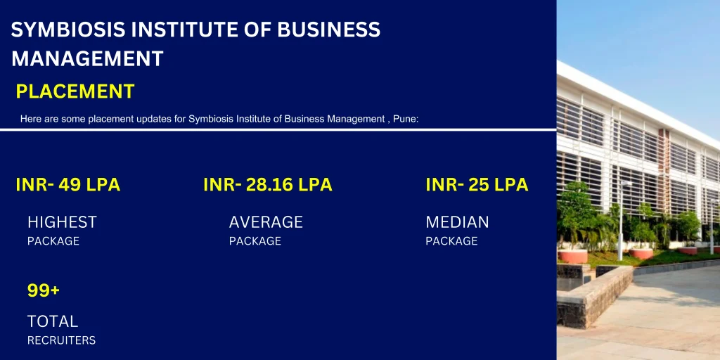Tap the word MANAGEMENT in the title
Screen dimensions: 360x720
[x=87, y=58]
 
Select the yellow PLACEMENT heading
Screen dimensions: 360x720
[x=75, y=91]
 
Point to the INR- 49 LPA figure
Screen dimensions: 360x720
[x=67, y=185]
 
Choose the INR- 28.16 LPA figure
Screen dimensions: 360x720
[x=267, y=185]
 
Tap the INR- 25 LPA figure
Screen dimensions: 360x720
[x=477, y=185]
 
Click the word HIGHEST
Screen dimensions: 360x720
[x=62, y=222]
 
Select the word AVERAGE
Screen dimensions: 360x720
[x=266, y=222]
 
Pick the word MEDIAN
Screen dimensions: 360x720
[x=457, y=222]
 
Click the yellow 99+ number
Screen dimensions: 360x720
[x=44, y=290]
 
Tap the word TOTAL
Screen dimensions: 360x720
[x=53, y=321]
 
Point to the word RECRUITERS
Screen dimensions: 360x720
[x=61, y=340]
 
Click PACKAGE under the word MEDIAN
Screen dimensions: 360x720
[x=451, y=241]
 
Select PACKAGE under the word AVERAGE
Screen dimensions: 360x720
[x=255, y=241]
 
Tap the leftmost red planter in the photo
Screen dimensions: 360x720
[x=573, y=255]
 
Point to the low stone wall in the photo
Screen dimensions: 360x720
[x=594, y=295]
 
